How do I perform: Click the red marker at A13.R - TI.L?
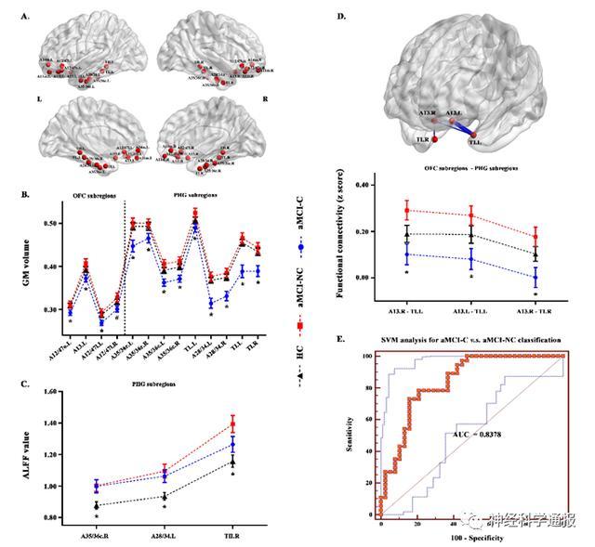tap(405, 211)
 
